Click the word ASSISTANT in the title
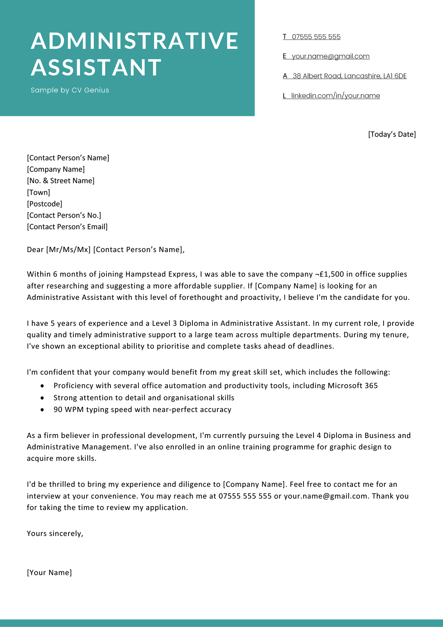[96, 67]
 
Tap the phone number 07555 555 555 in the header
[316, 37]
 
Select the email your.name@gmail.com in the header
[331, 56]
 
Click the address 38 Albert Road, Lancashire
[350, 76]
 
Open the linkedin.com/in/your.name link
[335, 96]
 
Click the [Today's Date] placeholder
[392, 134]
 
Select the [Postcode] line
[45, 204]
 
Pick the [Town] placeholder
[38, 192]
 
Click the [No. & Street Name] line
[61, 181]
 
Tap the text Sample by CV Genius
[70, 90]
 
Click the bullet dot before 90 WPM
[42, 410]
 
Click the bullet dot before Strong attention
[42, 398]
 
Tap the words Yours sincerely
[55, 534]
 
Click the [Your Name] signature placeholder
[49, 573]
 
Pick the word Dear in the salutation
[35, 250]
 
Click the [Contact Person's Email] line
[67, 227]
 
